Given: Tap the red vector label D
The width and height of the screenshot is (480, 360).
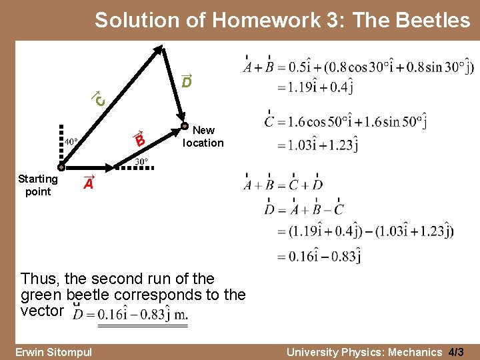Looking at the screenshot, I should pos(187,81).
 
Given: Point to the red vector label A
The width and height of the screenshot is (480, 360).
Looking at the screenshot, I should pos(88,184).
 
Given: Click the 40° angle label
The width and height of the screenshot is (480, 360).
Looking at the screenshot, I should pos(71,141).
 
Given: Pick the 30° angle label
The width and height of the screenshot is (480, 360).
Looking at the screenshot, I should pos(141,161).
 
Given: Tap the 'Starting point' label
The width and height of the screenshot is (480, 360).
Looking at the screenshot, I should pos(38,185).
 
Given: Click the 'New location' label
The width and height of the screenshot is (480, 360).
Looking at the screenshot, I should pos(203,137).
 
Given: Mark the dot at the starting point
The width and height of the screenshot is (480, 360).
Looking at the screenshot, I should pos(61,168).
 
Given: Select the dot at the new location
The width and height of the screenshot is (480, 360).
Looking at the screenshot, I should pos(184,125).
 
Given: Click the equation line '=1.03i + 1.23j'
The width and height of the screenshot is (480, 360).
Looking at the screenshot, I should pos(312,144).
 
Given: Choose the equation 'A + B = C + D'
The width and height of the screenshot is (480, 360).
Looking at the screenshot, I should pos(283,185).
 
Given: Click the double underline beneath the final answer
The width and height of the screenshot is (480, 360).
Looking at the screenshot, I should pos(143,325).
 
